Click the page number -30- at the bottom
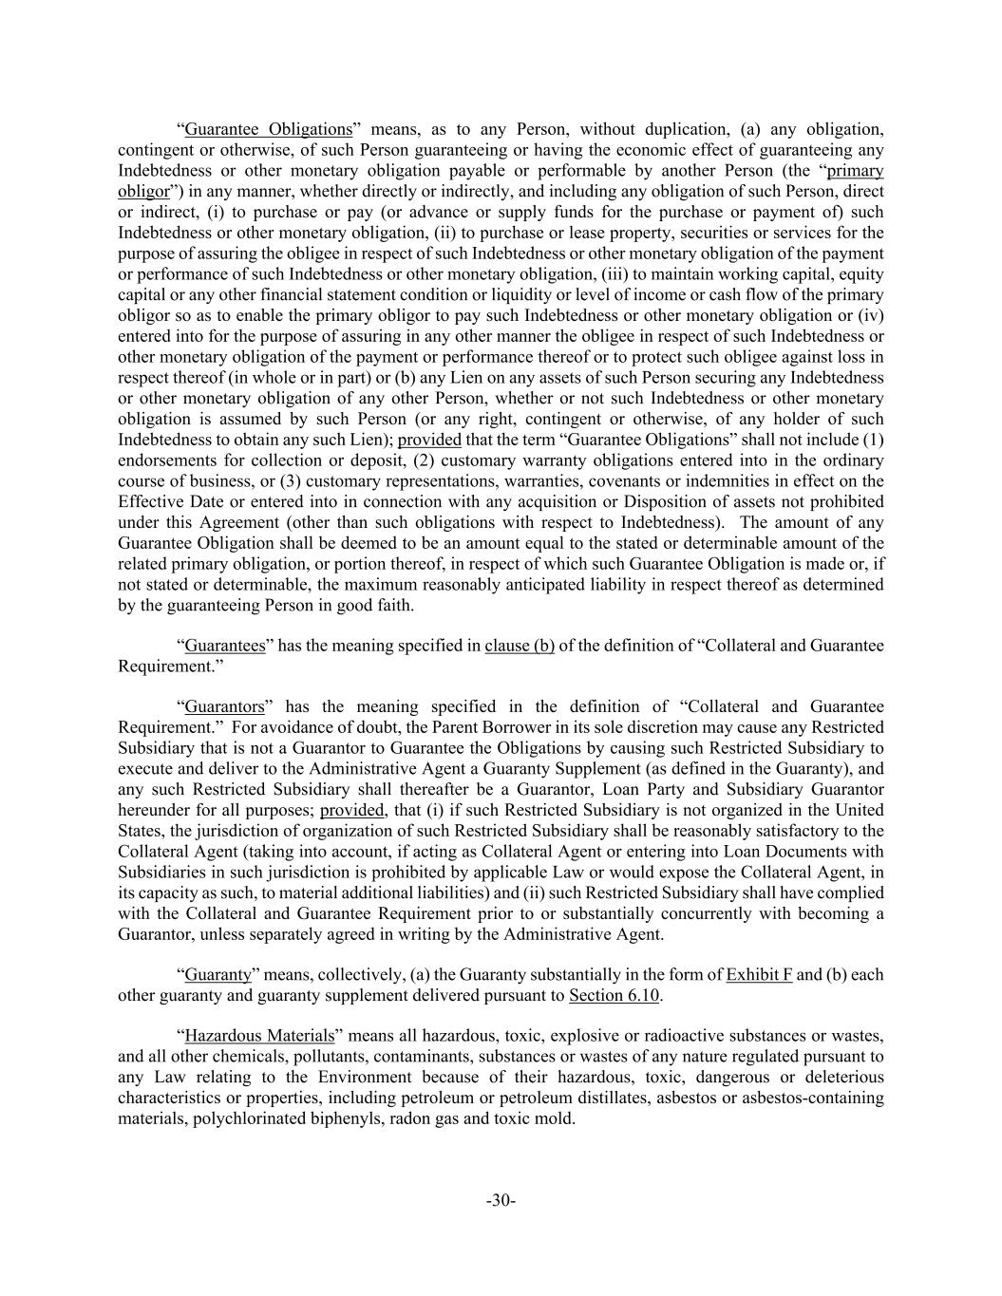[501, 1201]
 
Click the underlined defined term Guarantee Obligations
[268, 129]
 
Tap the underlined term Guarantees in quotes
[225, 646]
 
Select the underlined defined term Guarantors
[224, 706]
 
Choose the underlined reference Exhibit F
[759, 975]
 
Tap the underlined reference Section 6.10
[614, 995]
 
